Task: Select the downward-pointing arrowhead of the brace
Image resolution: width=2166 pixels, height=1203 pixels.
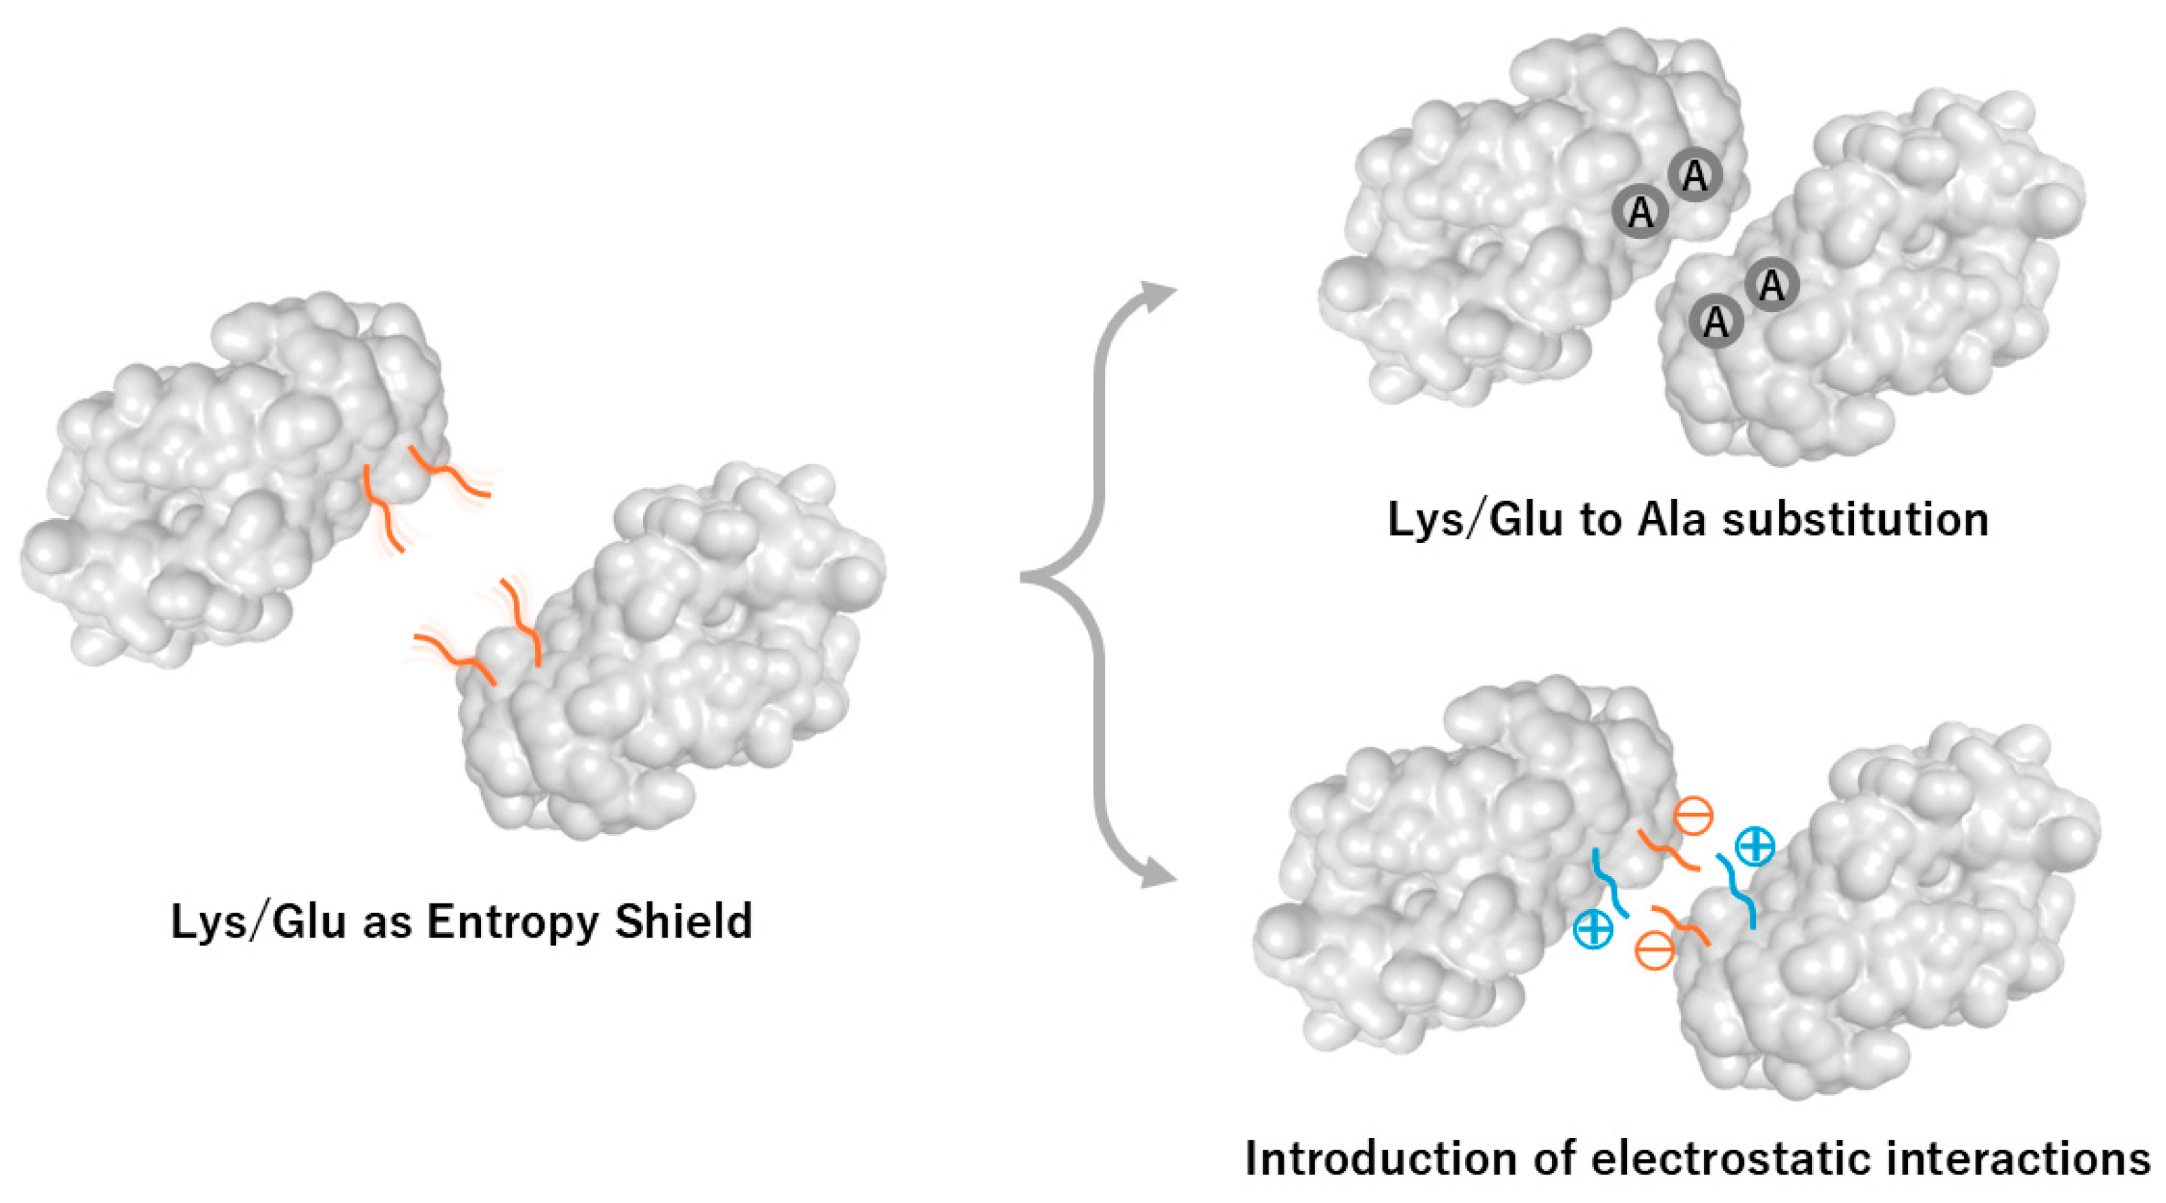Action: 1159,877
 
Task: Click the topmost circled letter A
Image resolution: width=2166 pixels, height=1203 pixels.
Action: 1694,175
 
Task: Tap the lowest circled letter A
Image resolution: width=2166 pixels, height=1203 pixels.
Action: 1716,321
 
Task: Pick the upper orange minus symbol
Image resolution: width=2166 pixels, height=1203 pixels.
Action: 1692,815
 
